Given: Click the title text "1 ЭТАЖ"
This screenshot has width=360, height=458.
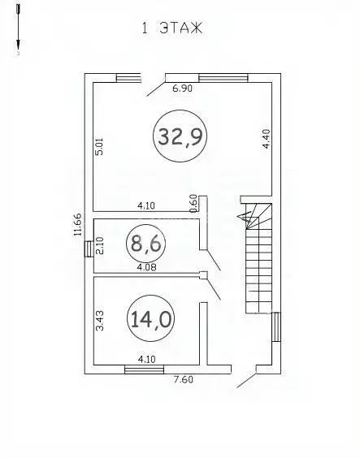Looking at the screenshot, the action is point(172,28).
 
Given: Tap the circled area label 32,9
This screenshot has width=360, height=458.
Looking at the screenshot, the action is point(180,136).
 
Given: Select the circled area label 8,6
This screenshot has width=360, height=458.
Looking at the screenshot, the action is point(145,244).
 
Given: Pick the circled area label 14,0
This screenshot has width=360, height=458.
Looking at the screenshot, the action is point(151,318).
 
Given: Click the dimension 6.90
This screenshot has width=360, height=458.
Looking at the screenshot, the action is point(183,89).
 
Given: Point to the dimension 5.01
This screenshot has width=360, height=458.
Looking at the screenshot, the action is point(100,147).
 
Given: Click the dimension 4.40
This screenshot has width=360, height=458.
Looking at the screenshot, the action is point(267,139).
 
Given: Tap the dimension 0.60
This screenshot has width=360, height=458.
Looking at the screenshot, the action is point(193,203).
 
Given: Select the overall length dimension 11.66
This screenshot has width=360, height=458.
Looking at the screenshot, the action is point(77,224).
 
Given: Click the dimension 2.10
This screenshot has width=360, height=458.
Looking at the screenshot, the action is point(100,245).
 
